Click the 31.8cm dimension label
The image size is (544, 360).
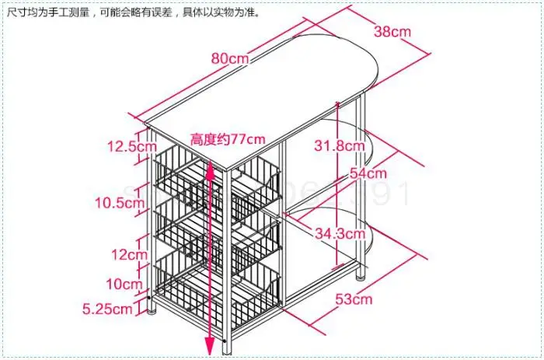[340, 145]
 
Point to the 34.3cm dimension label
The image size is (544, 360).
[340, 232]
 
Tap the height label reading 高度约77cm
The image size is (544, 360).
[228, 138]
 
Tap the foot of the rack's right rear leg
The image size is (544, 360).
[359, 275]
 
